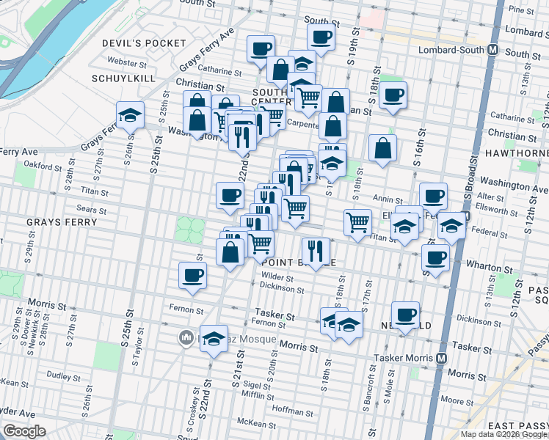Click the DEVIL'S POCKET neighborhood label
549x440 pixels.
point(145,43)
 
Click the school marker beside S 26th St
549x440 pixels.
point(130,115)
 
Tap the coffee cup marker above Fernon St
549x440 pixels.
point(193,276)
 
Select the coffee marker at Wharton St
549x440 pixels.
point(435,258)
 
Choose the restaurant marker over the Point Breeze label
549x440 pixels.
point(316,251)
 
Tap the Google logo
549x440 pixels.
point(24,431)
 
